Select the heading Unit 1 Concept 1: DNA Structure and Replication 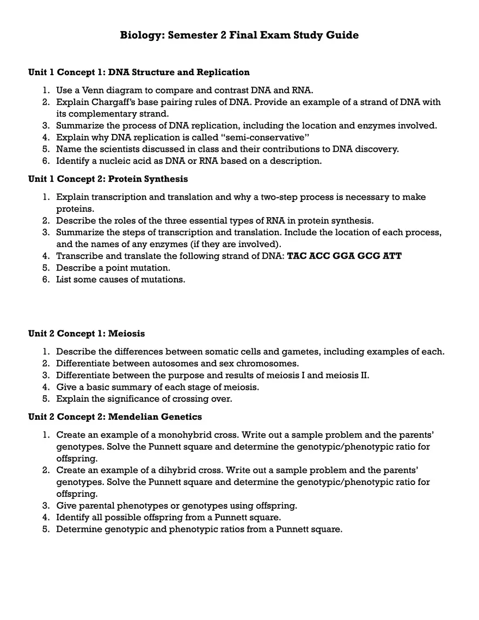139,72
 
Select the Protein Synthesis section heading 108,179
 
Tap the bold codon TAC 297,256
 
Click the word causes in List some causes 111,280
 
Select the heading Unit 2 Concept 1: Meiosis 87,333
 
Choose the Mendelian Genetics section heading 115,417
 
